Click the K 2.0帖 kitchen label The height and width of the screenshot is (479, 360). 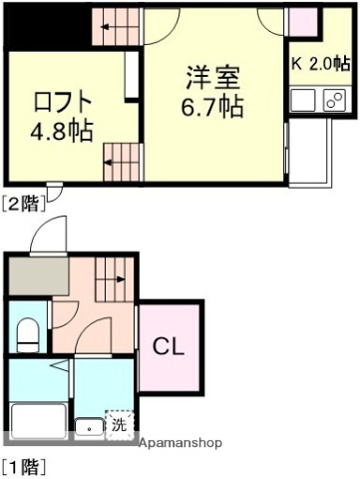tap(321, 63)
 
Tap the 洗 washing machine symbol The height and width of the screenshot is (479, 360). tap(119, 422)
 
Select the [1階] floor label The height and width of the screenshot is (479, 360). tap(22, 464)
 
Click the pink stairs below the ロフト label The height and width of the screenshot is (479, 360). tap(122, 160)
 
